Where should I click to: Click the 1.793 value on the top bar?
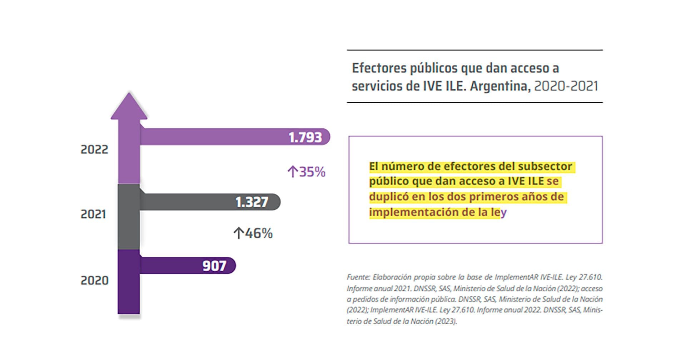305,137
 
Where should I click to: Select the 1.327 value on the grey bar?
252,202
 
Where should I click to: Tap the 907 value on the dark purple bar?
214,266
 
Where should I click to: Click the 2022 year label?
94,149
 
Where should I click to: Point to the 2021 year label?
93,214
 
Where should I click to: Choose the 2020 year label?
94,280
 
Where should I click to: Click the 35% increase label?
312,172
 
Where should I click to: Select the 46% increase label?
259,233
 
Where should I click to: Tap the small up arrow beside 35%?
292,172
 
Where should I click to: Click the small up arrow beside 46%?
238,233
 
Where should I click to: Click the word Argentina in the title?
500,86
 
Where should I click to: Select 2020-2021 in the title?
566,86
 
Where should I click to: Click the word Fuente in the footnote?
358,277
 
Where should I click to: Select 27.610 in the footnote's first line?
590,277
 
